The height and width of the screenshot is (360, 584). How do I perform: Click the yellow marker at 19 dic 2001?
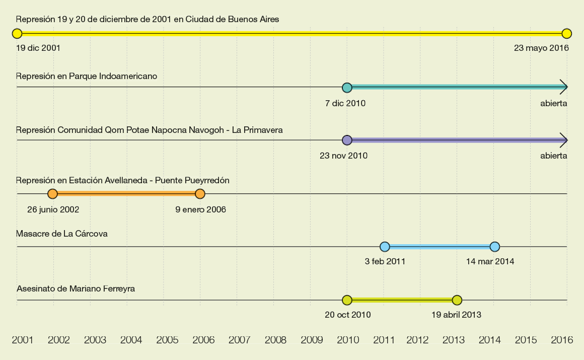[17, 34]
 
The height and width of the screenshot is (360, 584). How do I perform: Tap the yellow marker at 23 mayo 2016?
[567, 34]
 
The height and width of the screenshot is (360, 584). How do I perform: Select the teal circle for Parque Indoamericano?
[347, 88]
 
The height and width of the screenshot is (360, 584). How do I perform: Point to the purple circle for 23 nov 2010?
[347, 140]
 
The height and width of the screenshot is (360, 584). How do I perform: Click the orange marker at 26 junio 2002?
[52, 194]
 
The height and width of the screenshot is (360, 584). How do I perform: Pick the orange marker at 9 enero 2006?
[200, 194]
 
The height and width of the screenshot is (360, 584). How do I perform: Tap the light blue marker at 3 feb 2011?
[385, 247]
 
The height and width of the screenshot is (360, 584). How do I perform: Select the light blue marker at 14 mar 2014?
[495, 247]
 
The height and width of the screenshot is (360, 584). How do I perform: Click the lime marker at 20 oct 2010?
[347, 301]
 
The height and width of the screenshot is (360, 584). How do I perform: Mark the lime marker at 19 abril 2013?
[457, 301]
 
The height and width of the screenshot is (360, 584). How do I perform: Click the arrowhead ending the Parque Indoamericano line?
[564, 87]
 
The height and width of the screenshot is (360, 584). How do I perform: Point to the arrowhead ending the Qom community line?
[564, 140]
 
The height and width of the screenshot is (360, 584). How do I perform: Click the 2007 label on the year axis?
[240, 340]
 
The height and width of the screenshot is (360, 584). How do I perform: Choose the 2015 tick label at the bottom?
[526, 340]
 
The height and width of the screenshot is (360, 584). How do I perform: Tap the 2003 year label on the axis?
[95, 340]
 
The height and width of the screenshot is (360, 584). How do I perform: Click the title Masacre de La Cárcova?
[62, 234]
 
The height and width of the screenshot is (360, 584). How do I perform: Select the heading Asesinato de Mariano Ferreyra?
[76, 289]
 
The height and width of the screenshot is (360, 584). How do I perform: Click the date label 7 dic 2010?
[345, 103]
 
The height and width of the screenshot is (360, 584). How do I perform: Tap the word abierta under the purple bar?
[554, 156]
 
